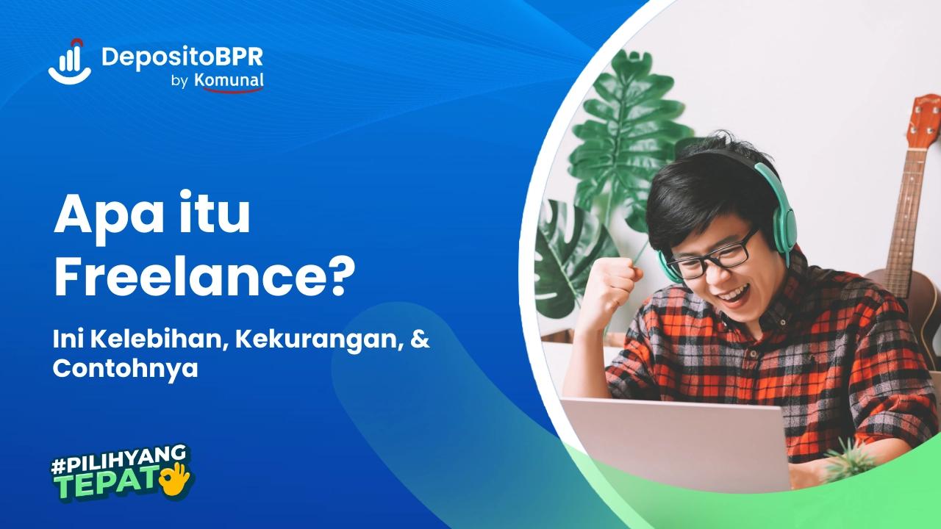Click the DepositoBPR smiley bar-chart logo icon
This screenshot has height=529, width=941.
[x=71, y=61]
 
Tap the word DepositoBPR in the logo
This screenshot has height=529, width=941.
[x=182, y=57]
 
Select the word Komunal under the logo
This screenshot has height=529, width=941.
[x=229, y=82]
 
